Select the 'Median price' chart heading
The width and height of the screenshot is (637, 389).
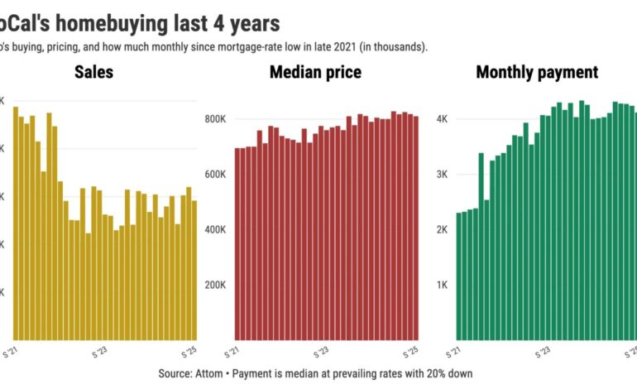point(315,73)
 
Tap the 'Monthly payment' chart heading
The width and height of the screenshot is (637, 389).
point(536,73)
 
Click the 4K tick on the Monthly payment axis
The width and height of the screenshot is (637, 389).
point(443,119)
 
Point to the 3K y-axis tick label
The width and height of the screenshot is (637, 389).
point(443,175)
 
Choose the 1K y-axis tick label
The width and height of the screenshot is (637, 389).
point(443,286)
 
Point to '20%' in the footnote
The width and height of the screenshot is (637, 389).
point(432,374)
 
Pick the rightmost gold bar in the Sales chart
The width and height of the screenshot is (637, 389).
point(194,270)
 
